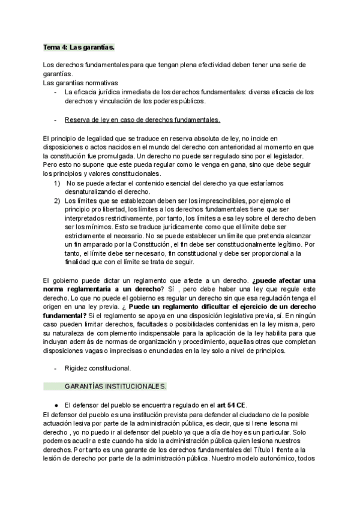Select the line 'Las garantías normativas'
81,82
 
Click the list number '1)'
57,182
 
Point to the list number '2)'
57,200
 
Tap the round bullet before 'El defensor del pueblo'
55,404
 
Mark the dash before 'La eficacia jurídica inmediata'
55,92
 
